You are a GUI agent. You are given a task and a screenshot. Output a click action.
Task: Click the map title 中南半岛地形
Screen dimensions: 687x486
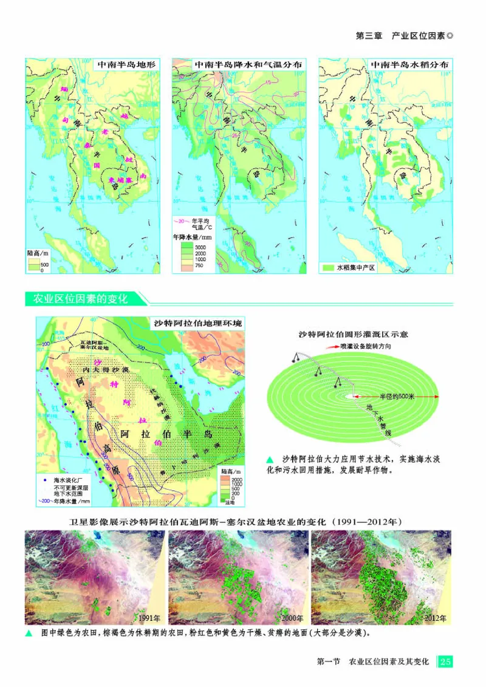click(127, 64)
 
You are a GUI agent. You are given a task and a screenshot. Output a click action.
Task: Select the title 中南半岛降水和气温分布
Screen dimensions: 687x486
click(247, 64)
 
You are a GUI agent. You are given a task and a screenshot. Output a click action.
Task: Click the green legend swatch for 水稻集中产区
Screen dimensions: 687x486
click(328, 267)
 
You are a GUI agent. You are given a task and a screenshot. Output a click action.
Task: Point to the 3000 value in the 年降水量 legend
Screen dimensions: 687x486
click(200, 247)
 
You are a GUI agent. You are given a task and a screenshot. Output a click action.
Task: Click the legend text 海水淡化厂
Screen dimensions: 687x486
click(66, 480)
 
